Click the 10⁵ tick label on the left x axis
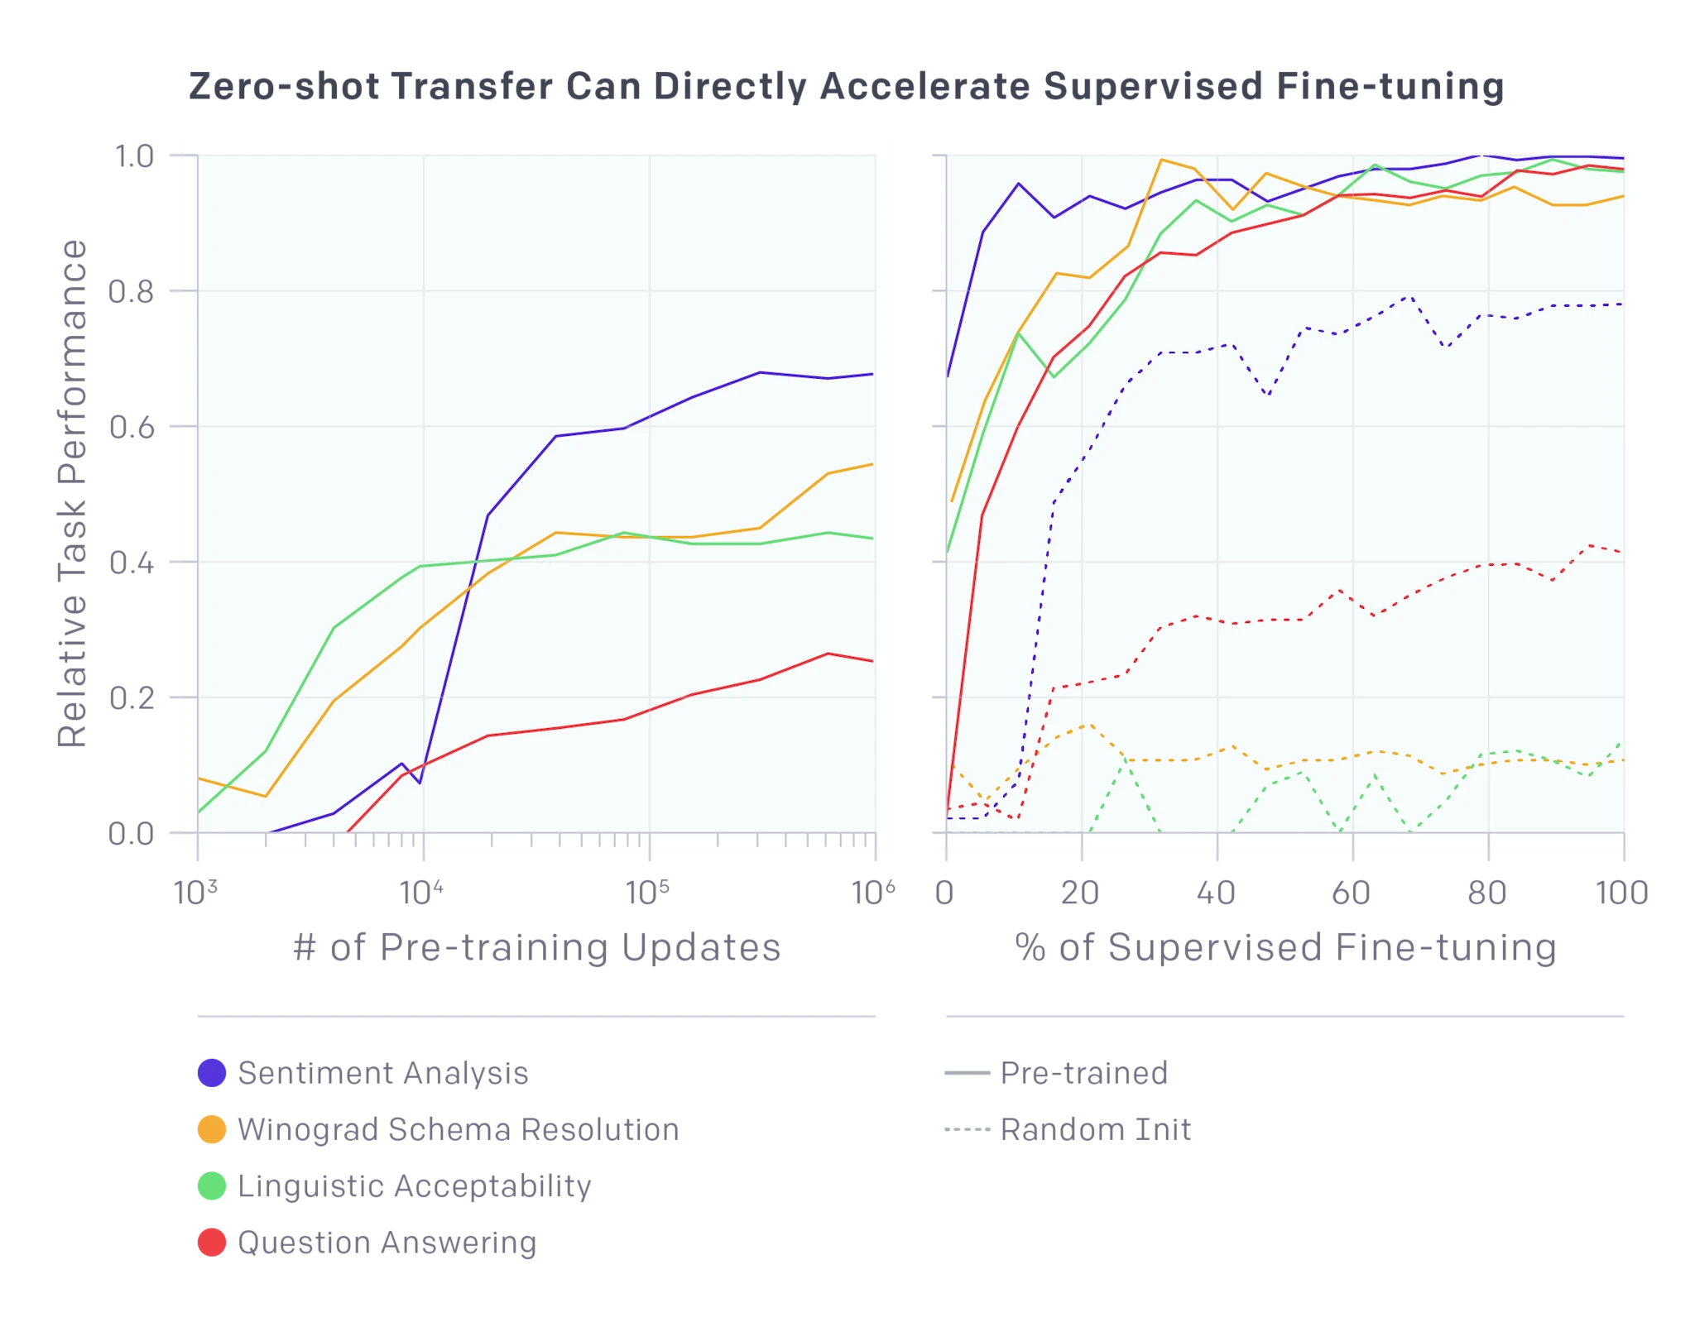[649, 893]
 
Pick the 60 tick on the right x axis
[1352, 893]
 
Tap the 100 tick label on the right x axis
[1621, 893]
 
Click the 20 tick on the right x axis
[1081, 893]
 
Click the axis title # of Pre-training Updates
[536, 948]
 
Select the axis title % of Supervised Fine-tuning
[1284, 948]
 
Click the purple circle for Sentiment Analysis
[212, 1072]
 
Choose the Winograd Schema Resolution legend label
[459, 1129]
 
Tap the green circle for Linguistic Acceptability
[212, 1186]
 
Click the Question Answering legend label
[387, 1243]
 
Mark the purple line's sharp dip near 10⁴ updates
[420, 783]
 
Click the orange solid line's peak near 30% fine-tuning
[1162, 160]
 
